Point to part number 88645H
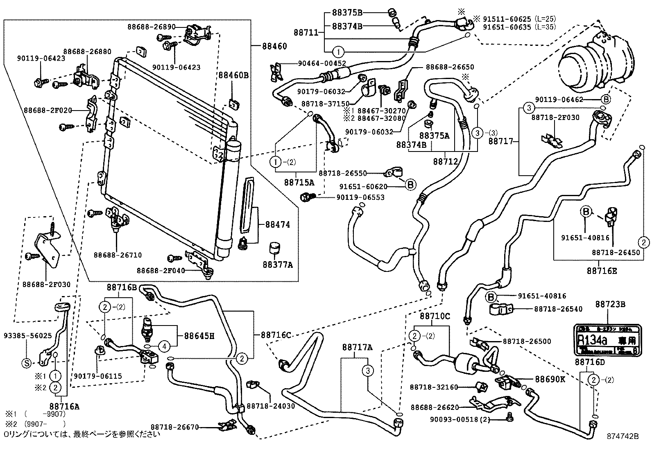point(199,336)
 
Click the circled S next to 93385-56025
point(26,363)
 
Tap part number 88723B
point(610,304)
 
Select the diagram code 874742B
point(623,436)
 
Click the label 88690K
point(550,379)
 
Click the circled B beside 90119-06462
point(606,99)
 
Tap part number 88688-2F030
point(46,284)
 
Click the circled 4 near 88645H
point(164,346)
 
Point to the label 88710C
point(435,316)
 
